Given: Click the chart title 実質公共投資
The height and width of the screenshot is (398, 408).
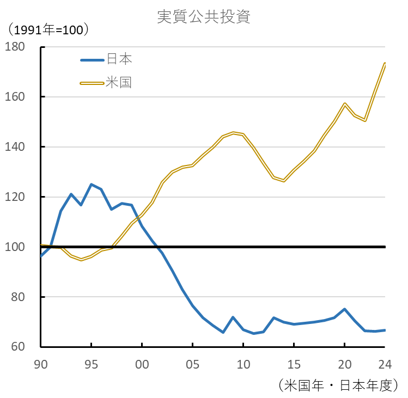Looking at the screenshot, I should click(204, 17).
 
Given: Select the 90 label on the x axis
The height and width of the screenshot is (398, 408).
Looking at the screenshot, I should click(41, 363).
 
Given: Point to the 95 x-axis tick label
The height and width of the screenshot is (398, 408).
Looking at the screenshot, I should click(92, 363).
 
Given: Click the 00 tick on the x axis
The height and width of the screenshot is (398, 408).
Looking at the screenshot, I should click(142, 363).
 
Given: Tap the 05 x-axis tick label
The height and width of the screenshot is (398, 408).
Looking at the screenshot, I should click(193, 363).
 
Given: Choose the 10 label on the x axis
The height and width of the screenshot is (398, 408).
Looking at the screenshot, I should click(243, 363).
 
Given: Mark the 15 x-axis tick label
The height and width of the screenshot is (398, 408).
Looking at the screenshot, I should click(294, 363).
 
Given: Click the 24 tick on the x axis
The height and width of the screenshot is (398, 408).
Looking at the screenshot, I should click(385, 363).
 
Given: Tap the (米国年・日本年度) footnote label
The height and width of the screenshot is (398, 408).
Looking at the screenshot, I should click(338, 385).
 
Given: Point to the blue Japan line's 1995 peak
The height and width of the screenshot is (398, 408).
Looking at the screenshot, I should click(91, 184).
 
